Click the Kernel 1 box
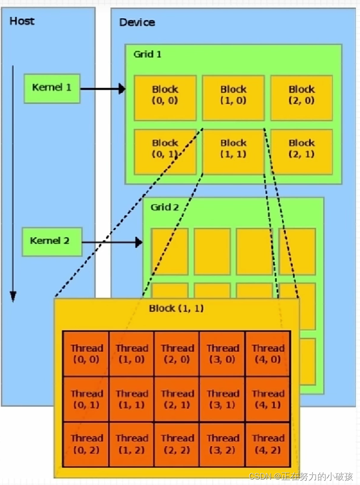(52, 88)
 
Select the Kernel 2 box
(52, 241)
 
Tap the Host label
(22, 21)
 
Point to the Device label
(137, 22)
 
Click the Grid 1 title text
(147, 54)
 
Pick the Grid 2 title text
(164, 207)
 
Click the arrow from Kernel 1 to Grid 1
(102, 89)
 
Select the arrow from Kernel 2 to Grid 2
(112, 243)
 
